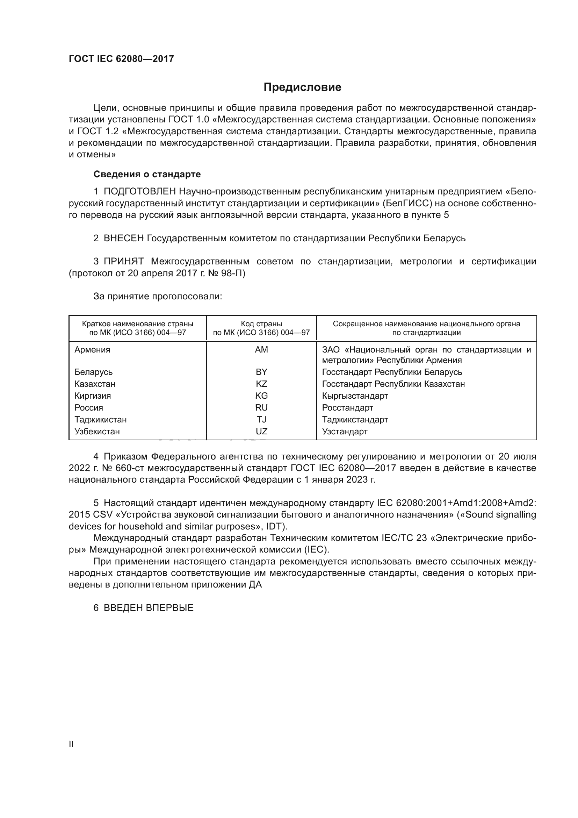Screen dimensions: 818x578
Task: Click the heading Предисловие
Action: tap(302, 87)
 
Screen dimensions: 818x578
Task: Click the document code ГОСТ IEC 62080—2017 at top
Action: tap(121, 59)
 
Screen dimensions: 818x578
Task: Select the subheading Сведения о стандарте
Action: tap(147, 174)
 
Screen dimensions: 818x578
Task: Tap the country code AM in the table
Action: tap(261, 349)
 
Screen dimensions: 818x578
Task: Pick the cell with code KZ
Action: tap(261, 384)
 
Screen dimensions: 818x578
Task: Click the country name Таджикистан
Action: tap(100, 419)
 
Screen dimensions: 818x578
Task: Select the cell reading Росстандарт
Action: tap(347, 407)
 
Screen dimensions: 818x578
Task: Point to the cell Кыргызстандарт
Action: tap(355, 396)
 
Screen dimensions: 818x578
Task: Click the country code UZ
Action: tap(261, 432)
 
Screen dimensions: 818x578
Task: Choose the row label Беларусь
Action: tap(93, 372)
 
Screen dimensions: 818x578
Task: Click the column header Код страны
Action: tap(261, 324)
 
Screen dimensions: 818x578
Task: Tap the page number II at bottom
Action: tap(71, 744)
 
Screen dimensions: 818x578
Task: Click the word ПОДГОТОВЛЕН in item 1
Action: tap(139, 192)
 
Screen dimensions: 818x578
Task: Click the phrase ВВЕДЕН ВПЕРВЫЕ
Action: tap(149, 608)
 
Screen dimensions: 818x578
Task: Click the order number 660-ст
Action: tap(131, 468)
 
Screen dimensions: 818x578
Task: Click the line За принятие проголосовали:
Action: tap(158, 297)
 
